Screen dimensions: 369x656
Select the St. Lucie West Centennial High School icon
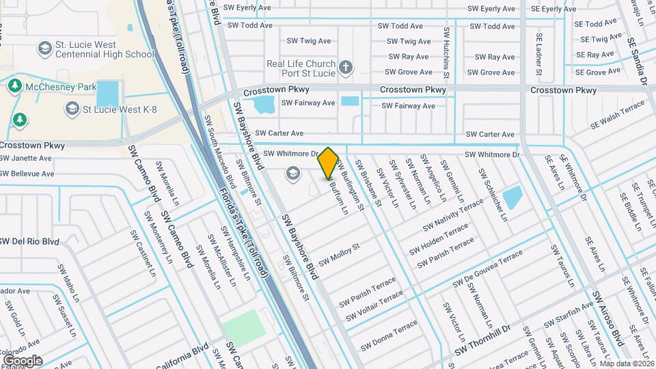[x=44, y=49]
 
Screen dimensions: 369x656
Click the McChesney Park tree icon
[x=14, y=86]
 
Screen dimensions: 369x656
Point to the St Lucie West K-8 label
[x=121, y=109]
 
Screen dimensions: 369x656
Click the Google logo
[x=22, y=360]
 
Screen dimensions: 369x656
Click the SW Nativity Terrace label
[x=453, y=215]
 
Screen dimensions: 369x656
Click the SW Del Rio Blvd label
[x=29, y=241]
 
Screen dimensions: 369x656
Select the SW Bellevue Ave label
[x=27, y=174]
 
